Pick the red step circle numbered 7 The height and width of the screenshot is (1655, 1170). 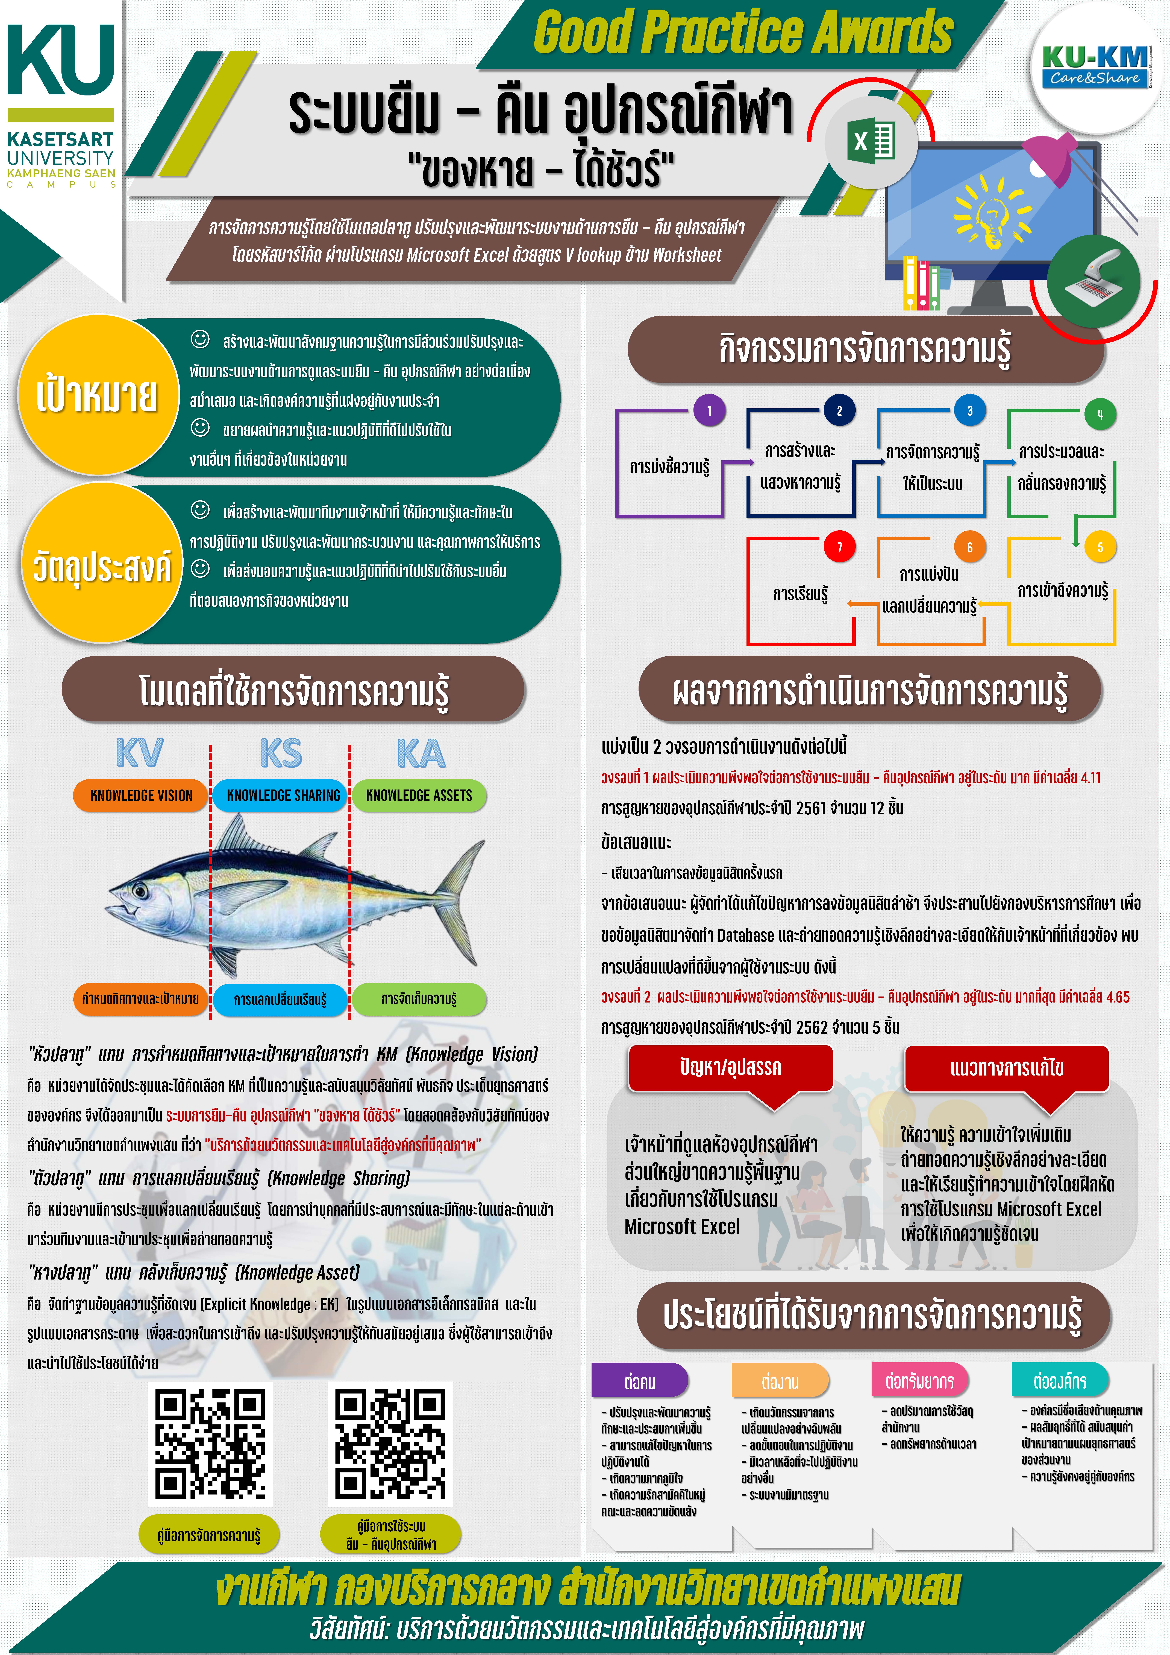click(x=839, y=547)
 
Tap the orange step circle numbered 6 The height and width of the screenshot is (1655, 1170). click(x=970, y=547)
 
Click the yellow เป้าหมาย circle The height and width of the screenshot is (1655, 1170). click(x=97, y=395)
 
